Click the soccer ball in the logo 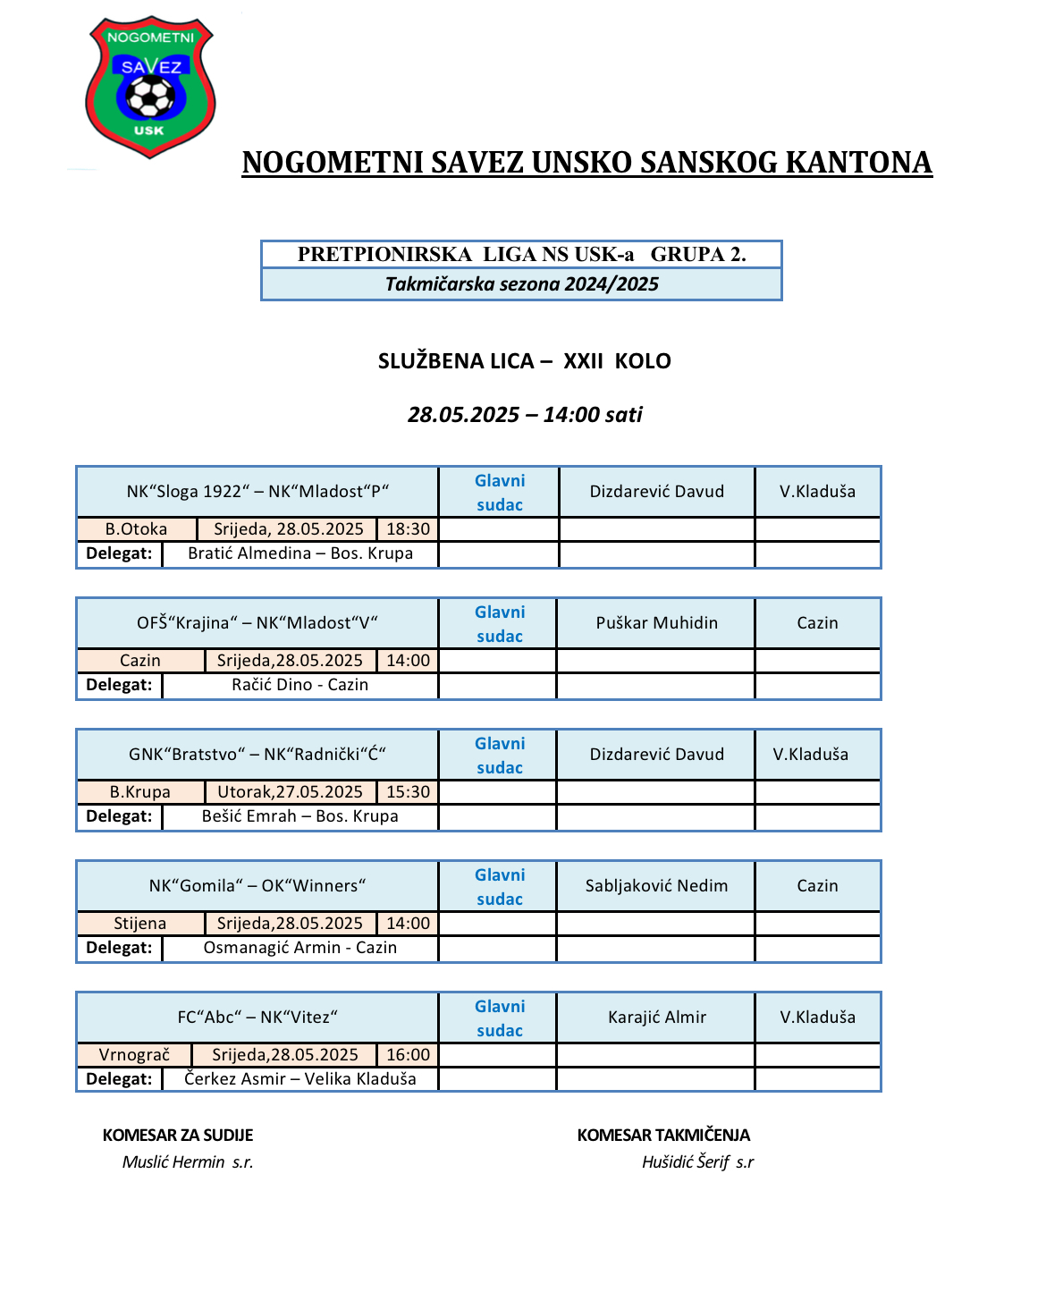pos(150,97)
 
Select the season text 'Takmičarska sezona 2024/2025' pos(521,284)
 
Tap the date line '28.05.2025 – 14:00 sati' pos(525,415)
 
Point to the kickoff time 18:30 pos(408,529)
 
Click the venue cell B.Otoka pos(136,529)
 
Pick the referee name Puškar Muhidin pos(656,623)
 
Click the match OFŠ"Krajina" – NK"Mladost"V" pos(257,623)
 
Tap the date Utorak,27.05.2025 pos(290,792)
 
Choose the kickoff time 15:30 pos(408,792)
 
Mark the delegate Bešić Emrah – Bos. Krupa pos(299,816)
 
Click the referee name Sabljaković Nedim pos(656,886)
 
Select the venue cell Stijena pos(139,924)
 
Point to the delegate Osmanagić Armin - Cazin pos(299,948)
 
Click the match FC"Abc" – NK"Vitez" pos(257,1018)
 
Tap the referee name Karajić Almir pos(656,1018)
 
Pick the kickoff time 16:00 pos(408,1055)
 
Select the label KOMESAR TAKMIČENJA pos(663,1136)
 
